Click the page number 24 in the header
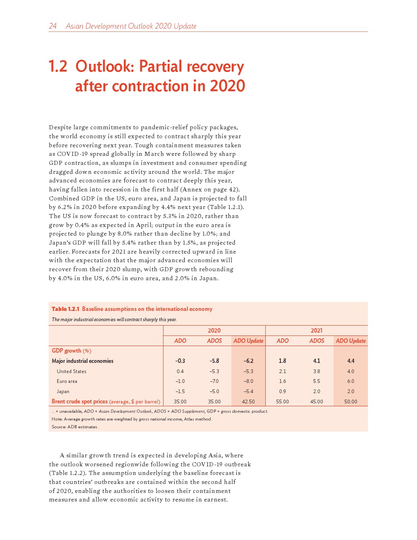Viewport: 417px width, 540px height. (x=53, y=26)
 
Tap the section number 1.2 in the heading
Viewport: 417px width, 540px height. (x=58, y=67)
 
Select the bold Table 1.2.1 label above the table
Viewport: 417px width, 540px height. (x=65, y=309)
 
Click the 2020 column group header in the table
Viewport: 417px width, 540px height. (x=214, y=331)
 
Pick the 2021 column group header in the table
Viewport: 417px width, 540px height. (x=316, y=331)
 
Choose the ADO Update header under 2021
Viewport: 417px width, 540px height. (x=351, y=341)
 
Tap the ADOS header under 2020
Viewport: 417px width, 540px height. (x=214, y=341)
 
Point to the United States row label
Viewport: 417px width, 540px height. (x=72, y=371)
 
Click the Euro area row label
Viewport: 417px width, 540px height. (x=67, y=381)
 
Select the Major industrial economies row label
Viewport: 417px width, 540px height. (x=83, y=361)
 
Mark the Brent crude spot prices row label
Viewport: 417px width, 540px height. (x=80, y=401)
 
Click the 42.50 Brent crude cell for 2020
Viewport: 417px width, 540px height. (x=248, y=402)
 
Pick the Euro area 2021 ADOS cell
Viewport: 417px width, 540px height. (x=316, y=381)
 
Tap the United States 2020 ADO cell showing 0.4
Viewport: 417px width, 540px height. (x=180, y=371)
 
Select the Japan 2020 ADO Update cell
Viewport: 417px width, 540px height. (x=248, y=391)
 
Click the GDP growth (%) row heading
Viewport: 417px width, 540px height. (x=72, y=351)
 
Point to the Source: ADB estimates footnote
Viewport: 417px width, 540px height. (x=75, y=427)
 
